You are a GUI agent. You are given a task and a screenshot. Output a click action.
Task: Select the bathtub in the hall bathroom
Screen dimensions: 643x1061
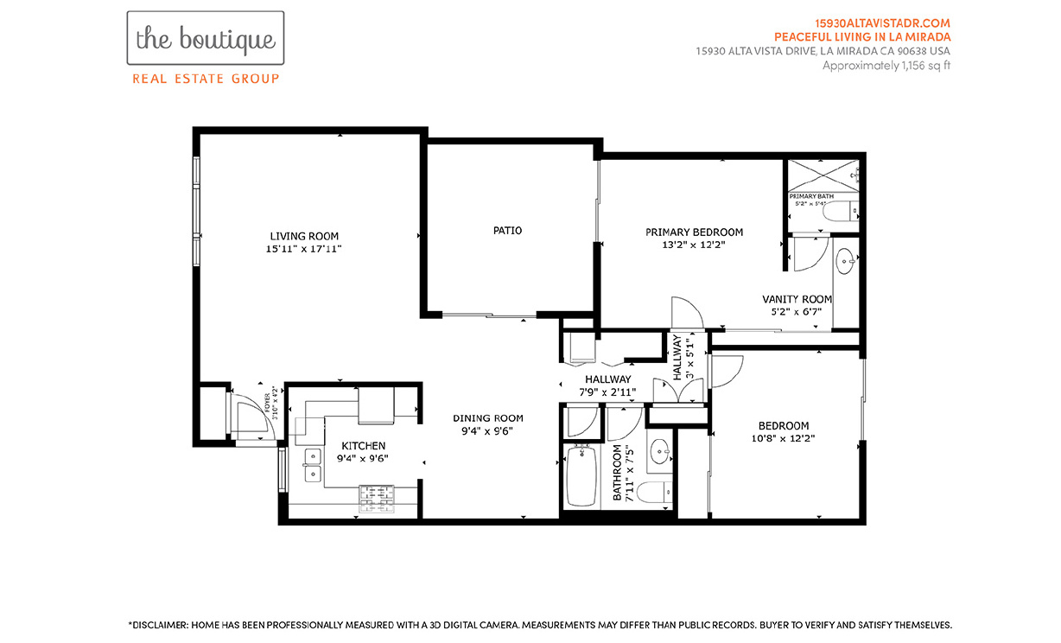(x=580, y=478)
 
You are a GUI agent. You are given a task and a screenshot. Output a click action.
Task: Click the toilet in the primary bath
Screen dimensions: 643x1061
(x=839, y=212)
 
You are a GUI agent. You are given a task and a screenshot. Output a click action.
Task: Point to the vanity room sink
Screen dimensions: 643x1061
(x=845, y=257)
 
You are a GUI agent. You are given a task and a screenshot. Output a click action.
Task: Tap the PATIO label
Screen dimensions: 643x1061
(x=507, y=231)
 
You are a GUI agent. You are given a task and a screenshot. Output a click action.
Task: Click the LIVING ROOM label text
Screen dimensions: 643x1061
(x=304, y=236)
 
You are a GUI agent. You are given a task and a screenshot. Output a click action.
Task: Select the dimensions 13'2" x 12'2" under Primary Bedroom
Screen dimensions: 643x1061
(x=694, y=245)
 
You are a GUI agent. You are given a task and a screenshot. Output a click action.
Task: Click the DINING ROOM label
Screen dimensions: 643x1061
(x=488, y=418)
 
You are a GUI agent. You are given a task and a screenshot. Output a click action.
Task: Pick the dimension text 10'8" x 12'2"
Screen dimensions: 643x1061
(x=783, y=438)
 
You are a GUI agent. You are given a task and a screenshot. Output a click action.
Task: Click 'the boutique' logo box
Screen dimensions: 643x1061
(x=205, y=38)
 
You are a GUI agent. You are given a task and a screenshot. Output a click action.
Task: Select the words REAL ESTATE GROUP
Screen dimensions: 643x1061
(x=205, y=79)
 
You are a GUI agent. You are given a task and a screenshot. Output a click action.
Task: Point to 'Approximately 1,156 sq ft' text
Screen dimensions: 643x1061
(x=886, y=65)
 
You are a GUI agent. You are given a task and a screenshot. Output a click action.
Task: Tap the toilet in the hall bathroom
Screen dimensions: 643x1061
(x=657, y=493)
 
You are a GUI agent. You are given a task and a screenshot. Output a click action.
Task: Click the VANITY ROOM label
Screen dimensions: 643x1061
(x=797, y=299)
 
